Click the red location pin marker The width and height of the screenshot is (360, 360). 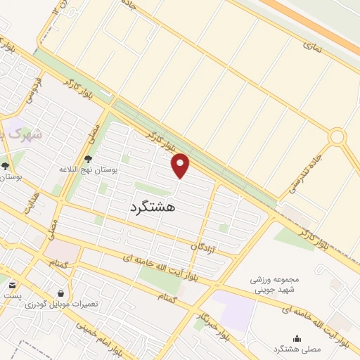(181, 165)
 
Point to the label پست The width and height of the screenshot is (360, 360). (12, 296)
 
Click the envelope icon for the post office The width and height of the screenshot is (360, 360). (13, 285)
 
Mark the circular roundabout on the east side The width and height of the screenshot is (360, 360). (337, 136)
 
